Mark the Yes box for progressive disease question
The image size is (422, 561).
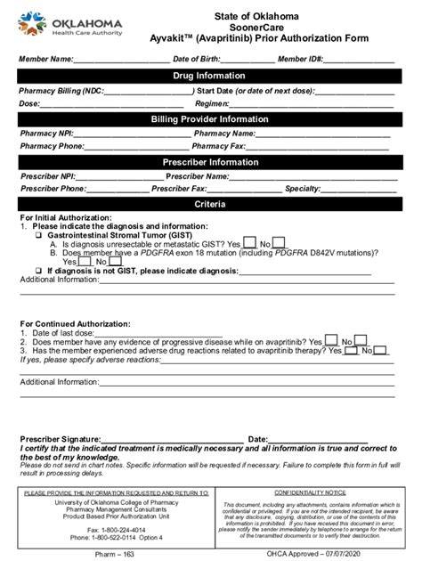pos(330,340)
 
